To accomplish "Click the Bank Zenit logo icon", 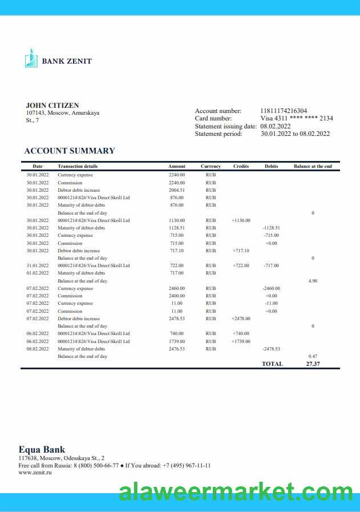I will pyautogui.click(x=31, y=58).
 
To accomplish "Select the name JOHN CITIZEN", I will pyautogui.click(x=52, y=106).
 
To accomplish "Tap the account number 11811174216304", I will pyautogui.click(x=284, y=111).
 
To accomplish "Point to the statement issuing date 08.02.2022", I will pyautogui.click(x=276, y=126).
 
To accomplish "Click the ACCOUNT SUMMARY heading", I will pyautogui.click(x=70, y=151).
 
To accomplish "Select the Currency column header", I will pyautogui.click(x=211, y=166).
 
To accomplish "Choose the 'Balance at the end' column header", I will pyautogui.click(x=313, y=166).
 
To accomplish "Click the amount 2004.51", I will pyautogui.click(x=177, y=190).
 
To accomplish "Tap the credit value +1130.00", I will pyautogui.click(x=241, y=220).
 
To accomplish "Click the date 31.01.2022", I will pyautogui.click(x=38, y=265).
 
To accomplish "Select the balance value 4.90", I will pyautogui.click(x=313, y=281).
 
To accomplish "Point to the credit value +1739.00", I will pyautogui.click(x=241, y=341).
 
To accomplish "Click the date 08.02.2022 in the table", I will pyautogui.click(x=38, y=349).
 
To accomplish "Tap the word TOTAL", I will pyautogui.click(x=272, y=364).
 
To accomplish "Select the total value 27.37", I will pyautogui.click(x=313, y=364).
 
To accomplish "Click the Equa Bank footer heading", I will pyautogui.click(x=42, y=449).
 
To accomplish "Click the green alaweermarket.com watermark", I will pyautogui.click(x=236, y=492).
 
